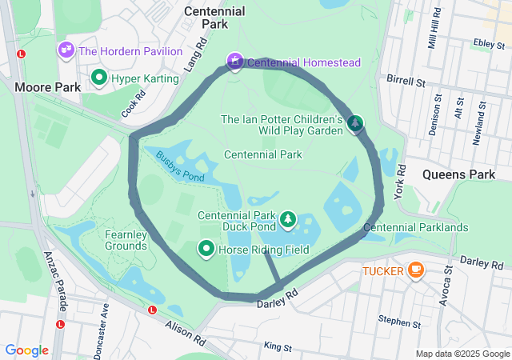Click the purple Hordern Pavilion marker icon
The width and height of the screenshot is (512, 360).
click(x=66, y=50)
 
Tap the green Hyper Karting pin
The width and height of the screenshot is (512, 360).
click(x=100, y=78)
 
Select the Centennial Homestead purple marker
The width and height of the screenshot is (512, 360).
click(x=234, y=61)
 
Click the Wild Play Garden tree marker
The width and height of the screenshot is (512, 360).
click(x=354, y=123)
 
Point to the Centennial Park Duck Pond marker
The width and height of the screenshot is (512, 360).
click(x=287, y=218)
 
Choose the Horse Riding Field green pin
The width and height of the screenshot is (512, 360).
click(x=206, y=250)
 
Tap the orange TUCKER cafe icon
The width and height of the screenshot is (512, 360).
click(x=415, y=270)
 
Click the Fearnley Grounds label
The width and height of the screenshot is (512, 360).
click(x=126, y=240)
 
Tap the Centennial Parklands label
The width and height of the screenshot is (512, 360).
click(x=415, y=228)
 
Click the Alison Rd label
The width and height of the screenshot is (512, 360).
click(x=185, y=330)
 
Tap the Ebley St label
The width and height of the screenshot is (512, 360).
click(x=486, y=43)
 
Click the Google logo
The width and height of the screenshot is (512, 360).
click(x=26, y=350)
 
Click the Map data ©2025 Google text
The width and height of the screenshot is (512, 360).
click(x=462, y=354)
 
